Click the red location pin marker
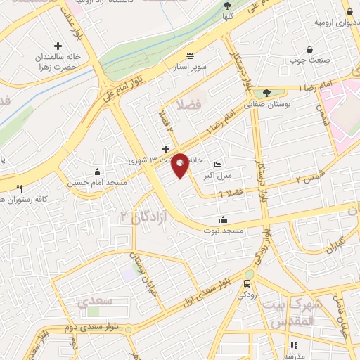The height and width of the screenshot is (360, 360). click(x=180, y=165)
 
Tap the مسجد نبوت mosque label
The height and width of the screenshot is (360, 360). click(x=223, y=230)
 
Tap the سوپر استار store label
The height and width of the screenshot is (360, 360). click(x=189, y=67)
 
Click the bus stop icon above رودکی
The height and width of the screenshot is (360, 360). click(x=246, y=284)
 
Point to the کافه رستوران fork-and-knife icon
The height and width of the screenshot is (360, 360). click(x=19, y=188)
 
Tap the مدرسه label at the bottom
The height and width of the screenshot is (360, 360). click(x=294, y=356)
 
